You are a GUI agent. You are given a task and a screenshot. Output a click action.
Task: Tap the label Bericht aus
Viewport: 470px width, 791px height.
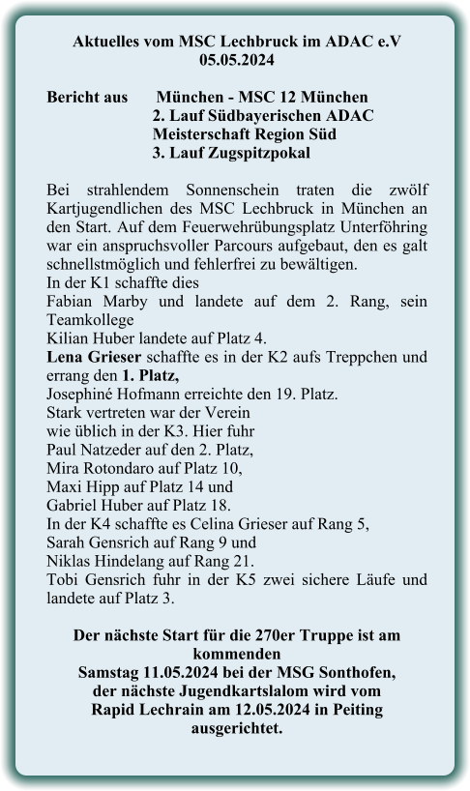coord(88,98)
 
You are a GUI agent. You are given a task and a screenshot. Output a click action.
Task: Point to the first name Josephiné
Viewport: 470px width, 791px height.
coord(82,394)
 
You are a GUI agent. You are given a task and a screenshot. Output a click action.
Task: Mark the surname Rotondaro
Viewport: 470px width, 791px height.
coord(126,467)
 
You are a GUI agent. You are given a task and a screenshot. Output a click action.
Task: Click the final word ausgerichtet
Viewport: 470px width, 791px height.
coord(236,727)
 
